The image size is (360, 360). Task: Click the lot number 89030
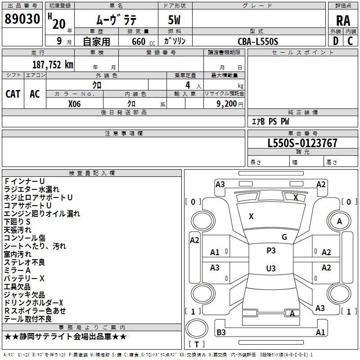tap(22, 19)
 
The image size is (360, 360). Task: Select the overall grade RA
tap(343, 21)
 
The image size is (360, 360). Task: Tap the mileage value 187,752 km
tap(53, 65)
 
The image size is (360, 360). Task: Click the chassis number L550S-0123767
tap(302, 143)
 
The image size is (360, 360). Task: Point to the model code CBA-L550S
tap(258, 41)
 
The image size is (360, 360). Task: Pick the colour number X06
tap(74, 104)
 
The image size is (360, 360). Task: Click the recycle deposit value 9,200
tap(226, 104)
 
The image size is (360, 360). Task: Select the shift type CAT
tap(13, 94)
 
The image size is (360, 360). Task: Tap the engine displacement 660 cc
tap(143, 42)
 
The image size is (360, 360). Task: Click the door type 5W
tap(174, 20)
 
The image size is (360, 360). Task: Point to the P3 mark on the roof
tap(271, 251)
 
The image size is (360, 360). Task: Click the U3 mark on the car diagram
tap(271, 268)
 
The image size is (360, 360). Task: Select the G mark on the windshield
tap(284, 237)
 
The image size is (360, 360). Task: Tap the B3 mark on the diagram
tap(221, 332)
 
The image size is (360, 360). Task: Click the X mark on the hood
tap(251, 216)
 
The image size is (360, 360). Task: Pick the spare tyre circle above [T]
tap(197, 328)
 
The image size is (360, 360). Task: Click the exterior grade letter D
tap(336, 41)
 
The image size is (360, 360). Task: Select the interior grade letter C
tap(350, 41)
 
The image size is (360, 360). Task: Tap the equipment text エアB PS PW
tap(270, 121)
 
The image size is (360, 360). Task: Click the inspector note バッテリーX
tap(24, 279)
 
